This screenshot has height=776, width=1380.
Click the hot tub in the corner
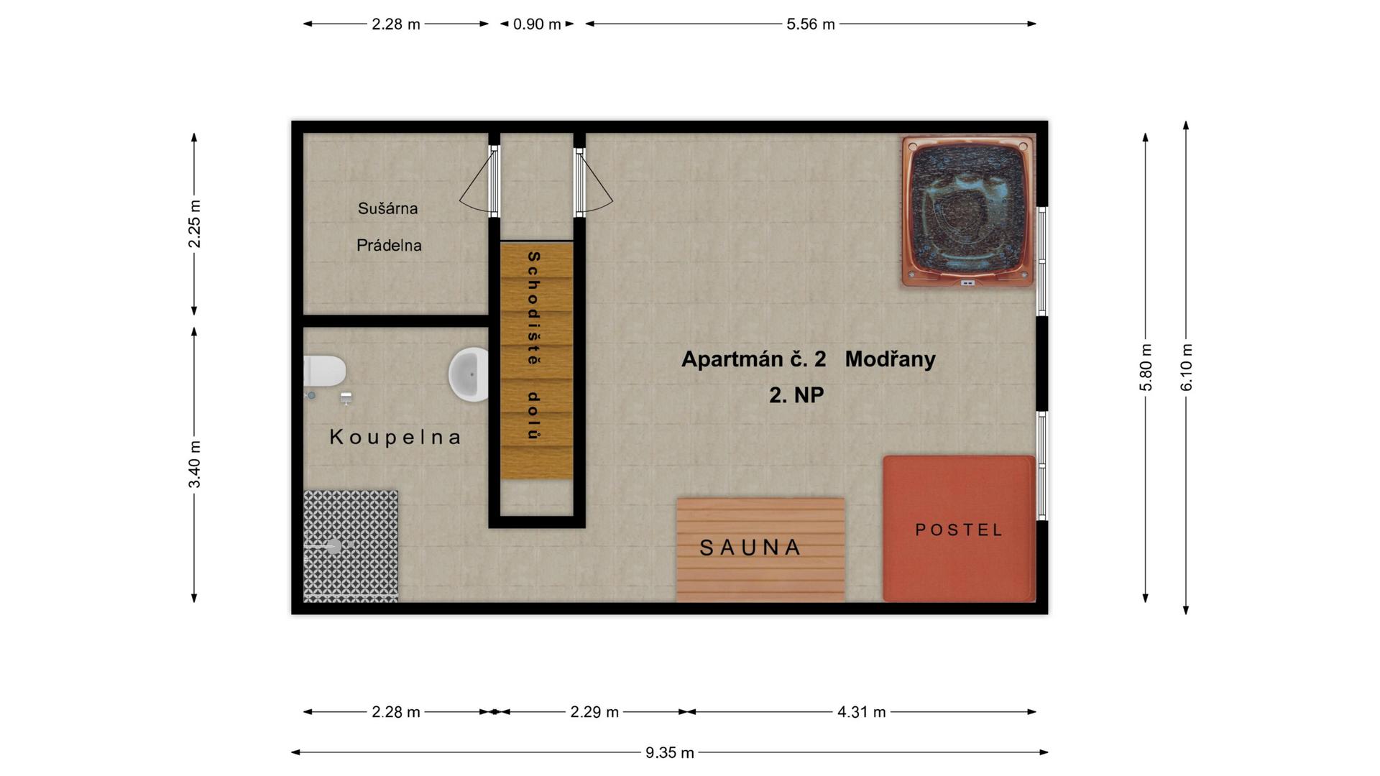968,213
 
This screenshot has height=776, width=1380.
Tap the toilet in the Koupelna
324,371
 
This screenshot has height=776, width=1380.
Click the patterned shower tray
350,546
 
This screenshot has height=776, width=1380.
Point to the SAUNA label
750,548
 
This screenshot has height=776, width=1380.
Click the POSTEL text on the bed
959,530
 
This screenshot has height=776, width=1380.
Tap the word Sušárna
387,208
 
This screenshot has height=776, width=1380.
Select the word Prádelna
389,245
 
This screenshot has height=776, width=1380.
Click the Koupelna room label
395,437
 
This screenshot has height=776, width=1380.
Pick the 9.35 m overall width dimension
669,752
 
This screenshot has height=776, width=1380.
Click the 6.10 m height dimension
1186,367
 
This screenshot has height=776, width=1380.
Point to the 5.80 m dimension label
1146,367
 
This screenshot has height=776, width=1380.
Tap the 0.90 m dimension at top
537,24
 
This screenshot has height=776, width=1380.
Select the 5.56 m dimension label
811,24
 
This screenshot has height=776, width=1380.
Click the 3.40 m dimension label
194,464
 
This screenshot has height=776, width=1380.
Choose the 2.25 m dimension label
194,224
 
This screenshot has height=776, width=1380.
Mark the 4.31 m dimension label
861,712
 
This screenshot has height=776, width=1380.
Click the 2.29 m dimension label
594,712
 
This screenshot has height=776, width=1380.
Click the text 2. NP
796,395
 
